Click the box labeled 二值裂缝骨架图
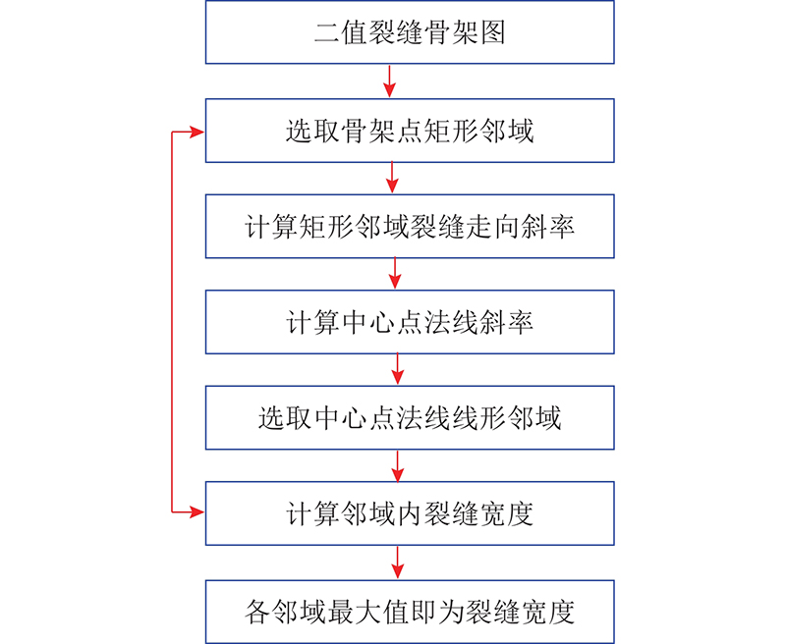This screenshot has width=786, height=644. click(410, 32)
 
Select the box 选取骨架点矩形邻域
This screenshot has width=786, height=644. click(410, 131)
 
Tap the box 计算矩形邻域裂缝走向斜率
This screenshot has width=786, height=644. click(410, 227)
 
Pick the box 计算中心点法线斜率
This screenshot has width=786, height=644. click(410, 322)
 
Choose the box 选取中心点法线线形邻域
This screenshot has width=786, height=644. click(410, 417)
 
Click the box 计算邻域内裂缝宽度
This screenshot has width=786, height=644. click(410, 513)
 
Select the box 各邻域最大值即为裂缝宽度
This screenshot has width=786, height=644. click(410, 612)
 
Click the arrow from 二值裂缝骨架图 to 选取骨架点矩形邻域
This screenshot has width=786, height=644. click(389, 81)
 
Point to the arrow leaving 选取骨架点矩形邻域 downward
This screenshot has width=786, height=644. click(392, 178)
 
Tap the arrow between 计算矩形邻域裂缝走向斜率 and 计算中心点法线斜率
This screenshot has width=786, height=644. click(395, 274)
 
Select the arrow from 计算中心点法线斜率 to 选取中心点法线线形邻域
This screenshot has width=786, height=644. click(398, 369)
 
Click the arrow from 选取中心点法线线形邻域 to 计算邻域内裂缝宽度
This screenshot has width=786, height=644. click(398, 465)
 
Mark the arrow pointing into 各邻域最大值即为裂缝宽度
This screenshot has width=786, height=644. click(398, 563)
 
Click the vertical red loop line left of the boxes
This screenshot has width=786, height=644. click(172, 322)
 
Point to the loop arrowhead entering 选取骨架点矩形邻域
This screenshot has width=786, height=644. click(196, 133)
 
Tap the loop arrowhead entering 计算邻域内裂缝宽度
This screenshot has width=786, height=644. click(196, 511)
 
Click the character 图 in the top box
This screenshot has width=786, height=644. click(493, 32)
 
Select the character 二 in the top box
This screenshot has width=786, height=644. click(327, 32)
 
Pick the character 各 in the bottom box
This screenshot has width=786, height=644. click(257, 612)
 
